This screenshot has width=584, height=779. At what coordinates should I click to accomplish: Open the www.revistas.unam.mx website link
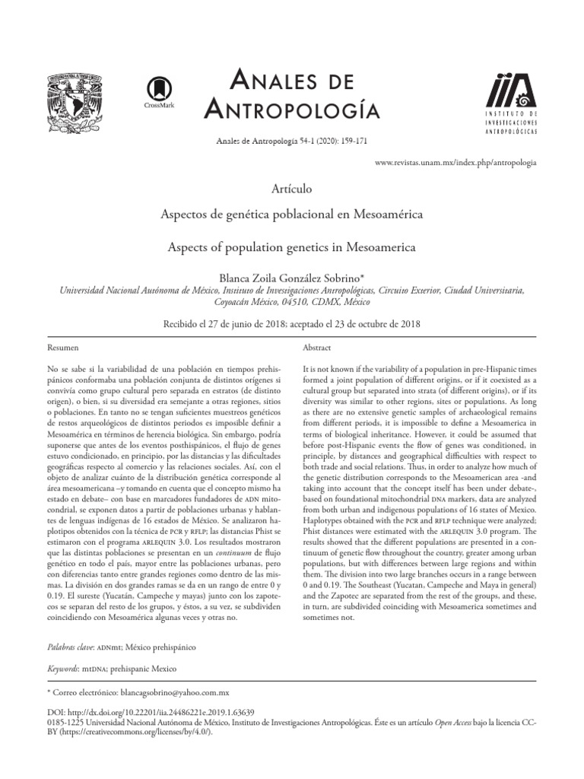click(x=456, y=163)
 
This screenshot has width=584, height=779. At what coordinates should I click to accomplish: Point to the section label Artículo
click(x=291, y=188)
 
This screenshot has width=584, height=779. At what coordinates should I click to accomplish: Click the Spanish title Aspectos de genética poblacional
click(x=291, y=215)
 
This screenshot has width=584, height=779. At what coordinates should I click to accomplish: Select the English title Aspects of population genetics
click(x=291, y=247)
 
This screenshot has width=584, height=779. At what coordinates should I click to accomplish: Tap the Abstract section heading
click(x=316, y=346)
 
